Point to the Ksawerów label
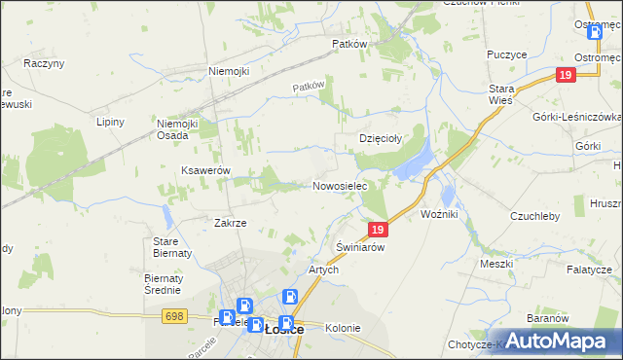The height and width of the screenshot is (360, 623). click(x=205, y=170)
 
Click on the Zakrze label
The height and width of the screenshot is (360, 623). click(x=231, y=223)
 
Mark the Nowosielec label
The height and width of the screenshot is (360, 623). click(x=340, y=185)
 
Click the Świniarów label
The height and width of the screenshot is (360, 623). click(x=361, y=248)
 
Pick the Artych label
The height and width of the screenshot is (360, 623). click(x=323, y=270)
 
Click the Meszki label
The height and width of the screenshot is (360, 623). click(x=496, y=263)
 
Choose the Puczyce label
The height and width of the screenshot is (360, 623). click(x=504, y=55)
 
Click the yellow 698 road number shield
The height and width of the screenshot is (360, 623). click(x=175, y=316)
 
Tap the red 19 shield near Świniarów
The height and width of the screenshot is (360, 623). click(x=380, y=230)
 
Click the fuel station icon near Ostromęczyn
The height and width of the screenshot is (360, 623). click(x=595, y=32)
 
